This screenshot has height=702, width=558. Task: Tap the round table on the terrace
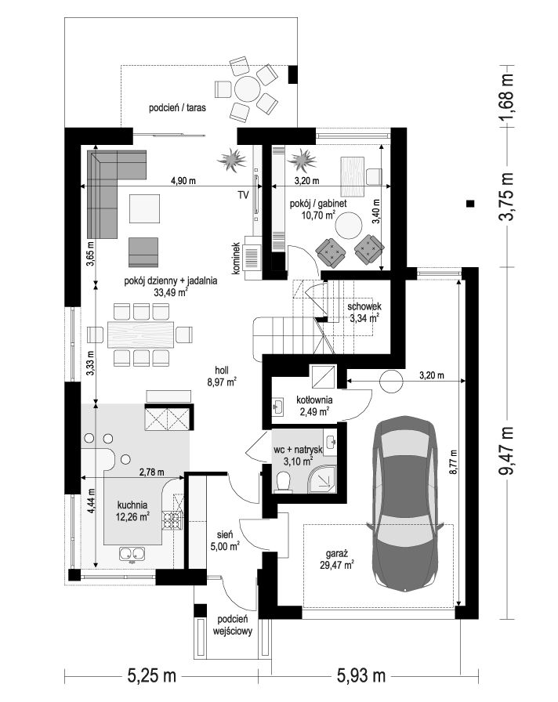coord(247,89)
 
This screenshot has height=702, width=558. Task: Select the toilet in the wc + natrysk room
coord(284,483)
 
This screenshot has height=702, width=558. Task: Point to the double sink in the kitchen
coord(132,554)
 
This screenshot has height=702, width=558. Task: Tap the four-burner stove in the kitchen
coord(172,519)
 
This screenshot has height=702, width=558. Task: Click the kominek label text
coord(237,259)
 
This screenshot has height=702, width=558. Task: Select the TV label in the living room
coord(243,195)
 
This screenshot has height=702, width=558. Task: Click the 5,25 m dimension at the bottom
coord(151,675)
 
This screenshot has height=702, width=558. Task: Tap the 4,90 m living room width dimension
coord(183,181)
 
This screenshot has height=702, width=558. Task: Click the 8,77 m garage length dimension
coord(453,461)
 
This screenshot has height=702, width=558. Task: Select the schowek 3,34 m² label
coord(364,313)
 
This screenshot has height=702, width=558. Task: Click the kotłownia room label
coord(314,400)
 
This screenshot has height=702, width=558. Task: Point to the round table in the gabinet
coord(350,226)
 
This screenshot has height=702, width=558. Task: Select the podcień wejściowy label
coord(233,625)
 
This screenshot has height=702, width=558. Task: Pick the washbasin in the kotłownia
coord(277,407)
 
